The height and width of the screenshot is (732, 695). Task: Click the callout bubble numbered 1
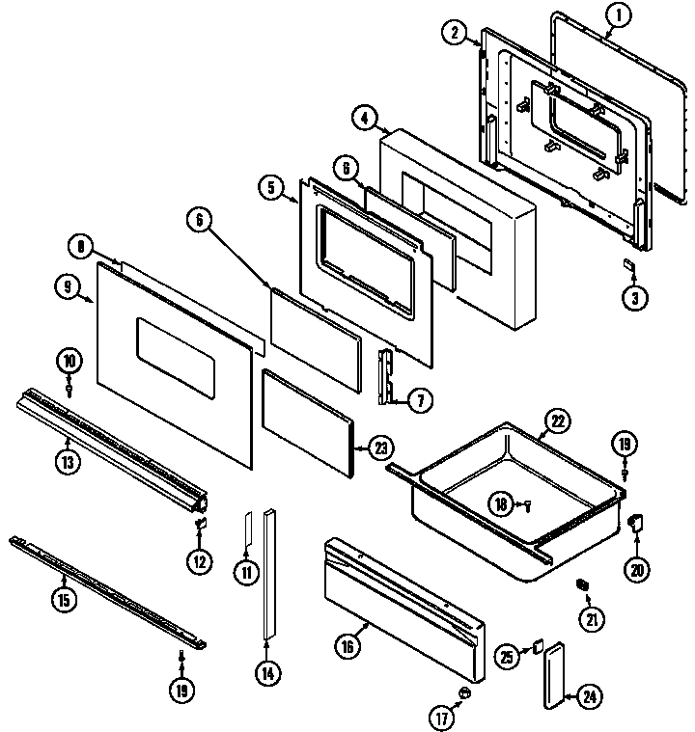point(618,15)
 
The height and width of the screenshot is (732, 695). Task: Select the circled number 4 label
point(365,120)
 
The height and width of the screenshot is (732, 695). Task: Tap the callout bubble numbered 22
point(556,420)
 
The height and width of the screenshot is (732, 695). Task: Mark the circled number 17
point(441,717)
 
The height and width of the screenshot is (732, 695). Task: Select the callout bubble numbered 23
point(381,447)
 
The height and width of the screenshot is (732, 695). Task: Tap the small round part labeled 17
point(464,692)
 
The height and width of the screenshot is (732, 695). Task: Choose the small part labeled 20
point(635,524)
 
